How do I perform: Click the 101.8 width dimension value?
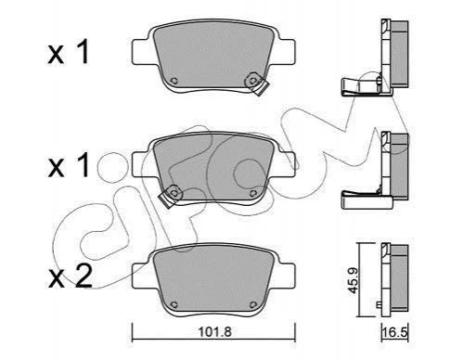click(x=214, y=332)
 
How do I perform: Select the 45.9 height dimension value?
click(x=353, y=280)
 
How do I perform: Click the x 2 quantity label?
click(x=71, y=276)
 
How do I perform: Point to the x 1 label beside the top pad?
click(x=69, y=52)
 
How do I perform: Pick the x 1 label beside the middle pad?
click(x=69, y=165)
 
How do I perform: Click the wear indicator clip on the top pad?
click(x=256, y=84)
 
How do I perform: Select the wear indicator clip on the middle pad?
click(x=171, y=196)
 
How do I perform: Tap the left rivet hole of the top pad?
click(x=174, y=81)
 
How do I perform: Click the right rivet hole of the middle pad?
click(x=253, y=193)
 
